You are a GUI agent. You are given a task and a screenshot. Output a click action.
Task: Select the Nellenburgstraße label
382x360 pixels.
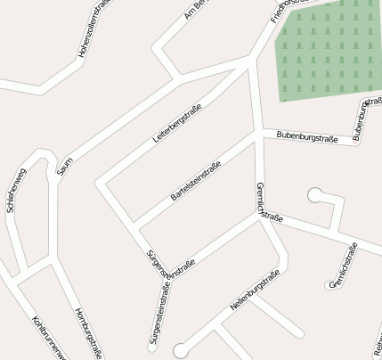pos(255,290)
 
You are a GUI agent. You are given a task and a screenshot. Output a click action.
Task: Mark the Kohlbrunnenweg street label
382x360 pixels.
pos(50,339)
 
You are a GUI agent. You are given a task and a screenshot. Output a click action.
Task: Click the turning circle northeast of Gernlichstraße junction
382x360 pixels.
pos(314,194)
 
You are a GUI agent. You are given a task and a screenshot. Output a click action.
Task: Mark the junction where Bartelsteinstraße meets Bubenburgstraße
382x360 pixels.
pos(258,135)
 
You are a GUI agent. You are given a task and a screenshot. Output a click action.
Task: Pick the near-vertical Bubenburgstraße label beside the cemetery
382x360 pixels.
pos(362,120)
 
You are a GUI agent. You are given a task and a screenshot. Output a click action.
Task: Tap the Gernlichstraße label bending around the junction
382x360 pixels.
pos(264,205)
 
